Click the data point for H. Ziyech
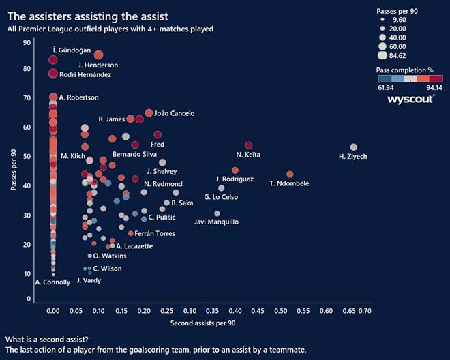(x=353, y=147)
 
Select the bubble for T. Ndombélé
(x=290, y=175)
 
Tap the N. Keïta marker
(x=249, y=145)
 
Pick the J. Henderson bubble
(x=98, y=55)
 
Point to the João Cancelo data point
(x=149, y=113)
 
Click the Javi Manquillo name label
(x=216, y=222)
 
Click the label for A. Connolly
(x=52, y=282)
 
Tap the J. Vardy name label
(x=89, y=280)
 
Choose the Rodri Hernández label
(x=85, y=74)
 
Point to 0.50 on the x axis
(x=281, y=311)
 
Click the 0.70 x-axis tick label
(x=365, y=311)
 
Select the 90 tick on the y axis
(x=27, y=43)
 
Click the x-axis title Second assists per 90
(x=203, y=322)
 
